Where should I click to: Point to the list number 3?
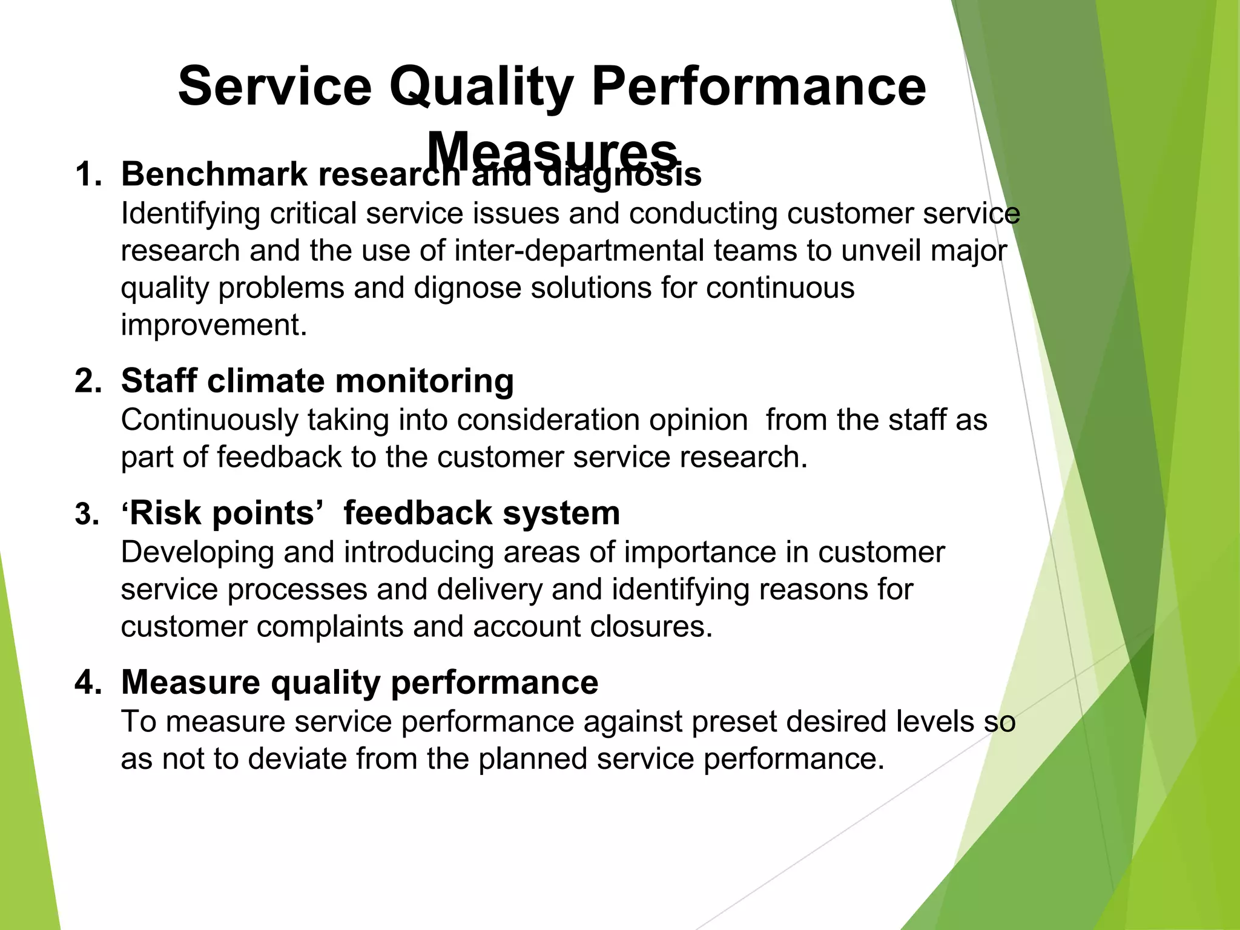coord(86,515)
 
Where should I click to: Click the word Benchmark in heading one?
coord(214,175)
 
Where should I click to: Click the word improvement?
coord(214,325)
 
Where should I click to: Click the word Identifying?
coord(190,213)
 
